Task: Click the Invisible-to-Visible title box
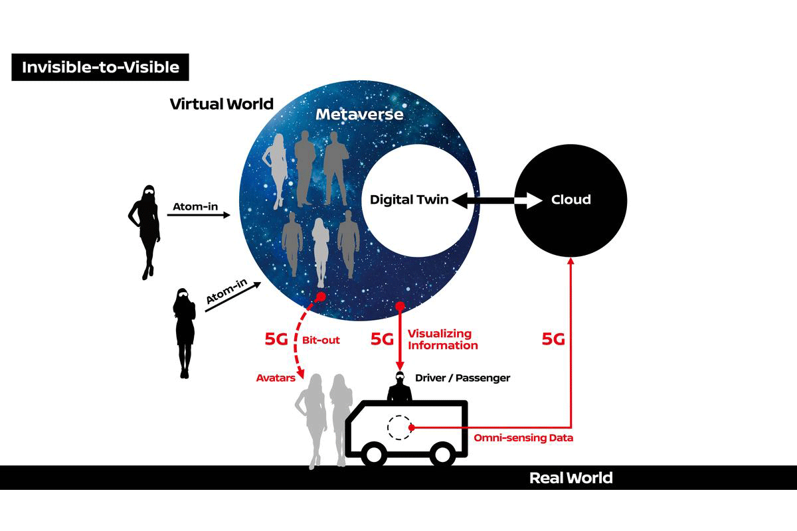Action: (x=100, y=67)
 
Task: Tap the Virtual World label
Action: (x=222, y=104)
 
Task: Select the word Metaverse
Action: (x=359, y=114)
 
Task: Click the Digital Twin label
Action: (x=409, y=200)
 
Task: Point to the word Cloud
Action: (x=571, y=200)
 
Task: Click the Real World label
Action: (x=571, y=478)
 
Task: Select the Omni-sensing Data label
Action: (x=523, y=438)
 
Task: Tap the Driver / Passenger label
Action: (x=462, y=378)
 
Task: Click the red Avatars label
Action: (x=276, y=378)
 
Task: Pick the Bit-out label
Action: (x=321, y=340)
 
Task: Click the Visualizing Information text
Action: (x=443, y=339)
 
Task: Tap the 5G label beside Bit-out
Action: (x=276, y=339)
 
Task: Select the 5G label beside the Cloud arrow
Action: (x=553, y=339)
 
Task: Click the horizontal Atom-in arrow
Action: (x=199, y=215)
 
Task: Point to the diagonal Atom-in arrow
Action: (x=233, y=297)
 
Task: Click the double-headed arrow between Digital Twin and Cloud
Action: (x=497, y=201)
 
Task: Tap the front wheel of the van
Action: (x=374, y=455)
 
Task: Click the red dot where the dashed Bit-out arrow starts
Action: (x=321, y=296)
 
